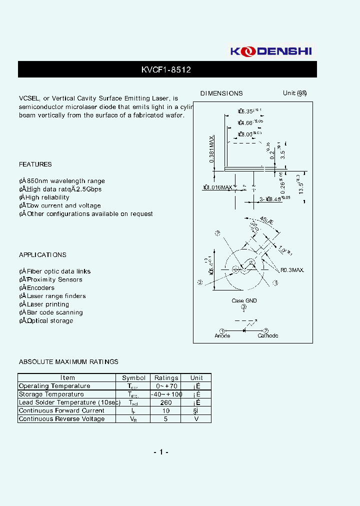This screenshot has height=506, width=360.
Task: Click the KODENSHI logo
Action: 273,51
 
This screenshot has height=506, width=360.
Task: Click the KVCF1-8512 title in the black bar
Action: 166,70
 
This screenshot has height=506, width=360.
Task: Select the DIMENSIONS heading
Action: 221,93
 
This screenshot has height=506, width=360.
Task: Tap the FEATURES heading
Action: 35,164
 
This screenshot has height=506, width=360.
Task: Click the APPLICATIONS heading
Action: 42,255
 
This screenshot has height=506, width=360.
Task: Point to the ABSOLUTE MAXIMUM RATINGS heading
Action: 68,361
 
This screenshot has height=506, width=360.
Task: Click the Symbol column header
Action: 134,378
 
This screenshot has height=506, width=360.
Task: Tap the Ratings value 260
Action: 166,402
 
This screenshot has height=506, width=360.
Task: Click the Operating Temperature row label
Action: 54,386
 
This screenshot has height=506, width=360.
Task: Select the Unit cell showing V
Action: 196,419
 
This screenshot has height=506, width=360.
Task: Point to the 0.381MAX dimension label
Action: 212,149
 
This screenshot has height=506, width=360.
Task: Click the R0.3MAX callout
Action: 292,270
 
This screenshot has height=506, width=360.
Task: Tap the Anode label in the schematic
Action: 222,335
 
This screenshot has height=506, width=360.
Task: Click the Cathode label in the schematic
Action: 267,335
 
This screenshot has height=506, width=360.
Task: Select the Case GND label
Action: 244,300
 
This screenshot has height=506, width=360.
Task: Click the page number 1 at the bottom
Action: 160,452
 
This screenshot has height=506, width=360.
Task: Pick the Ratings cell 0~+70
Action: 166,386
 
